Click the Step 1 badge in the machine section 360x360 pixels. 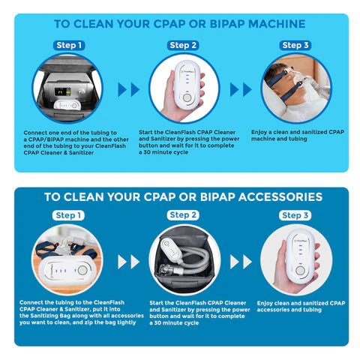point(68,45)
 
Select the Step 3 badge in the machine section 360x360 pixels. point(295,45)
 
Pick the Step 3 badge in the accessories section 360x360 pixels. point(295,215)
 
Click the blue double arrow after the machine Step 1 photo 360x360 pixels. point(130,89)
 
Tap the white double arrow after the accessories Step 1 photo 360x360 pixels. point(130,262)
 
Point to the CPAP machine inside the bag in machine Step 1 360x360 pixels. point(64,93)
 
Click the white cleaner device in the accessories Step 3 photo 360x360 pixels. point(297,259)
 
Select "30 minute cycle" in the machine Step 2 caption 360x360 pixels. point(169,152)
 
